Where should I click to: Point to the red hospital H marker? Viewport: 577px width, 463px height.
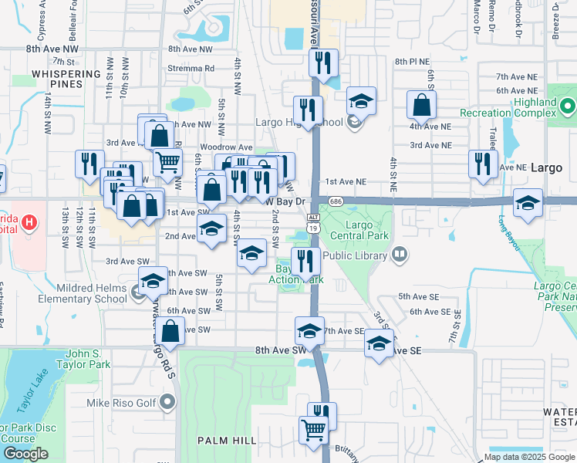[x=29, y=224]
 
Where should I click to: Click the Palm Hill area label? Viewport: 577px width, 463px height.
[x=226, y=440]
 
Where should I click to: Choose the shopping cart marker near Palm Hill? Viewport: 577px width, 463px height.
[x=313, y=429]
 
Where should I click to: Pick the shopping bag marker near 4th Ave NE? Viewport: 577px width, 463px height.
[x=422, y=104]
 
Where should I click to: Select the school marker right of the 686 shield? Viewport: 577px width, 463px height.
[x=528, y=203]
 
